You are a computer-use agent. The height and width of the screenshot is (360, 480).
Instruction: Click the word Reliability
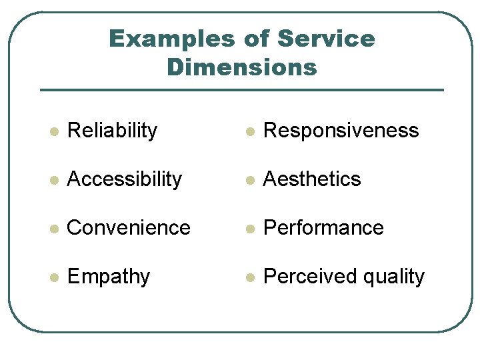(112, 131)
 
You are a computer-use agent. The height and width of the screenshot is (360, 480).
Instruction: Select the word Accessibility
(125, 179)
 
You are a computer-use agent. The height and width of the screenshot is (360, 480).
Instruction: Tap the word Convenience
(129, 228)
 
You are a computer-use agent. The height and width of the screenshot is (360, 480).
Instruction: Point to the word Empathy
(109, 277)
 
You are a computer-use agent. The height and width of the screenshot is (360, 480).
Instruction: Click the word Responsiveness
(341, 131)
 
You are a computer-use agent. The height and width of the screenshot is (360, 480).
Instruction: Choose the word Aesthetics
(312, 179)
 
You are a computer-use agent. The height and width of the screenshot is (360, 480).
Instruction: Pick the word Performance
(323, 228)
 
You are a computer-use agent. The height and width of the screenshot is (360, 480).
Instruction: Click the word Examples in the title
(171, 39)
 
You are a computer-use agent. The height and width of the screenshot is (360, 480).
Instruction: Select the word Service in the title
(326, 39)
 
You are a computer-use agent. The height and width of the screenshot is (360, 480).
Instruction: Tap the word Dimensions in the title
(241, 67)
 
